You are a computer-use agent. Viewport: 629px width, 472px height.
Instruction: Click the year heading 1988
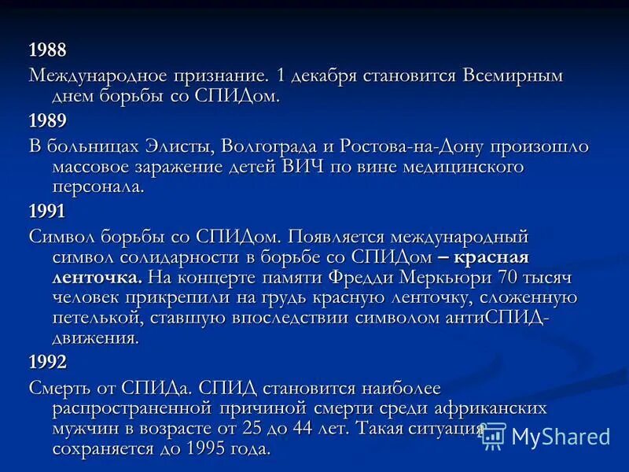[47, 50]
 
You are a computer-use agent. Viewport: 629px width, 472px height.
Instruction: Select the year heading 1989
[47, 121]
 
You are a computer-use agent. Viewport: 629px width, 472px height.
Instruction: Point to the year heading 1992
[47, 362]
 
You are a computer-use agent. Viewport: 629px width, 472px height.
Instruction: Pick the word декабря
[325, 76]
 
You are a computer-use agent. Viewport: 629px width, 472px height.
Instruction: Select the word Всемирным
[512, 76]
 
